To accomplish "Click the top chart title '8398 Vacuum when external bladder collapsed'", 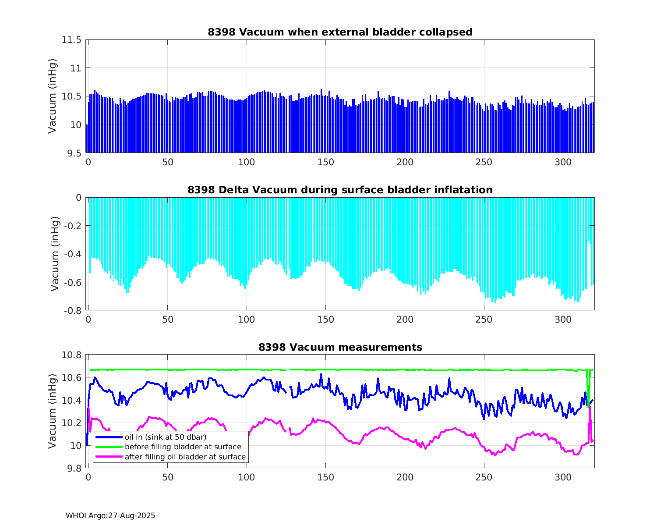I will click(x=340, y=32).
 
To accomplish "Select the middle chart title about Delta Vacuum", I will click(x=340, y=190).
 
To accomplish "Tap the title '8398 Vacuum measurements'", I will click(x=340, y=347).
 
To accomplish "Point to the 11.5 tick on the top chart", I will click(x=71, y=40).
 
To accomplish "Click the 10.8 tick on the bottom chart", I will click(x=71, y=355).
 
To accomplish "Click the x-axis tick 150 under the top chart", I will click(x=325, y=162).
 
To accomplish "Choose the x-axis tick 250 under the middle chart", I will click(x=484, y=320).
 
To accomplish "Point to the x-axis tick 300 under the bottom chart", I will click(x=563, y=477).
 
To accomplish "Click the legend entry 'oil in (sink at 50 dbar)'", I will click(x=165, y=437).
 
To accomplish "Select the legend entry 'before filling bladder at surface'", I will click(x=183, y=447).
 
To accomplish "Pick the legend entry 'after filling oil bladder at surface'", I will click(x=185, y=457).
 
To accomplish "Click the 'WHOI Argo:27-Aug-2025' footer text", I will click(x=110, y=515).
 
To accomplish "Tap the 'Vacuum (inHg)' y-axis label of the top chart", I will click(x=52, y=96).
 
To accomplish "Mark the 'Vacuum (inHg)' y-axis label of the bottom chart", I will click(x=52, y=411).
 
